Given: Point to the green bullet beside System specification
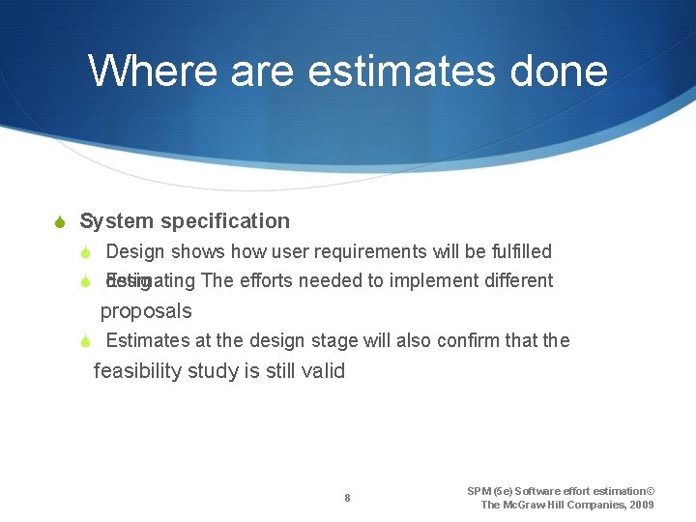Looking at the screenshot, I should (60, 222).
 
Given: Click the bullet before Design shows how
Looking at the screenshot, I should (85, 253).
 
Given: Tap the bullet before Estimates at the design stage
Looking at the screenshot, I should (85, 341).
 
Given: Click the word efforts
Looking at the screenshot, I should (265, 281).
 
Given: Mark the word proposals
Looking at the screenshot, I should (146, 311).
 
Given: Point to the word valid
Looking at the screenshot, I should (322, 371).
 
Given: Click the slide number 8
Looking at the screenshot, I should (347, 499).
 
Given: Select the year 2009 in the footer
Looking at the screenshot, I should (638, 505).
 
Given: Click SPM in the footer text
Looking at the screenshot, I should (479, 491).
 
